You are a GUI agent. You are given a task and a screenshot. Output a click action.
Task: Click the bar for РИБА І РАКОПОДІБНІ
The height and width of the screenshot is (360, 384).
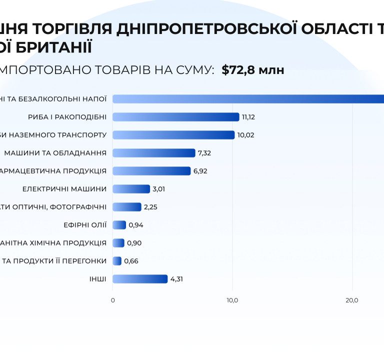click(x=176, y=117)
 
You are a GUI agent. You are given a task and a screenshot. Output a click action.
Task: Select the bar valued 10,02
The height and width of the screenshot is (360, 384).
click(x=173, y=135)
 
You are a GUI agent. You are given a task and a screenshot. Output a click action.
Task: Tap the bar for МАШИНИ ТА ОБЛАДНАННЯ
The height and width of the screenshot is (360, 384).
click(x=154, y=153)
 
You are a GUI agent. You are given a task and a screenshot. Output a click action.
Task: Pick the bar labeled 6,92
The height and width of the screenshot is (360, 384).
click(x=151, y=171)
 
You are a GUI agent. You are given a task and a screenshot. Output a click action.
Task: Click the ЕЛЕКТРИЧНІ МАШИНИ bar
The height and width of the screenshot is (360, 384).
click(x=131, y=189)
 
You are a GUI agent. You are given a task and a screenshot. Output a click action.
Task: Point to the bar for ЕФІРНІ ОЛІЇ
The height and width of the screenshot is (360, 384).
click(x=119, y=225)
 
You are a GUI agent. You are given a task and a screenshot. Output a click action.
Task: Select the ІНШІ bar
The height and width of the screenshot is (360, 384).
click(x=140, y=279)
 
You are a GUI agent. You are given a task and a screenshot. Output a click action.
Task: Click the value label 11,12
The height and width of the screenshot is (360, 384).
click(x=248, y=117)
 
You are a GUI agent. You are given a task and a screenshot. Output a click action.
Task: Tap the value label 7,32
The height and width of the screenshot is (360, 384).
click(x=204, y=153)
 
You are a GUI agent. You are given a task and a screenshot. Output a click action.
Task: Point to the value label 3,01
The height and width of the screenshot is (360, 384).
click(x=159, y=189)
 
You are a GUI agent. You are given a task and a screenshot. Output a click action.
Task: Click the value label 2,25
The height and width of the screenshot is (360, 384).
click(x=150, y=207)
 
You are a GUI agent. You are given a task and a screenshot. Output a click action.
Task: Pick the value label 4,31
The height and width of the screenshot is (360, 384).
click(x=176, y=279)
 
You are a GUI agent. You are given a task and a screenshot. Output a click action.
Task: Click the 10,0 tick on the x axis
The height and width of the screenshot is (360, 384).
click(x=232, y=300)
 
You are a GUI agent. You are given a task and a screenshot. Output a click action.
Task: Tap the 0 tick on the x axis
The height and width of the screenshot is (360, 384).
click(x=112, y=300)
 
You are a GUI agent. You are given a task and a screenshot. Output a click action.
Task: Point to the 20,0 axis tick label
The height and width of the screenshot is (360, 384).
click(x=352, y=300)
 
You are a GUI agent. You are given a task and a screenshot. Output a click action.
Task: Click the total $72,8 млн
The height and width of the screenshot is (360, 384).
click(x=253, y=70)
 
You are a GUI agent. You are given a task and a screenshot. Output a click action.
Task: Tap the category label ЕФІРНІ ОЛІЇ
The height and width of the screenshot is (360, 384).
click(x=85, y=225)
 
